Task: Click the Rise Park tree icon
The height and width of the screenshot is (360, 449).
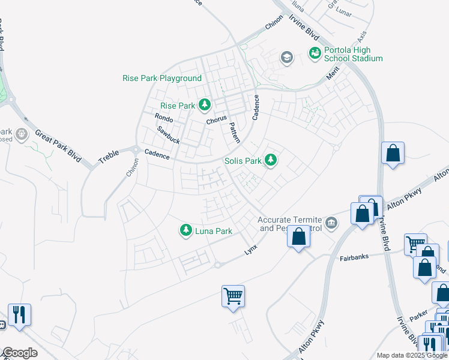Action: click(205, 105)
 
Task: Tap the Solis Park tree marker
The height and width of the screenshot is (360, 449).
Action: click(271, 160)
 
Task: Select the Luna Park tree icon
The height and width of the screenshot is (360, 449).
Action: click(186, 230)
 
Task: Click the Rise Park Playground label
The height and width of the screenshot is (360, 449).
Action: click(162, 79)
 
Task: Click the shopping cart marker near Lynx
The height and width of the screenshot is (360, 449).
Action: click(233, 296)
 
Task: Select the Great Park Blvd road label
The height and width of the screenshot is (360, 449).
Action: click(58, 144)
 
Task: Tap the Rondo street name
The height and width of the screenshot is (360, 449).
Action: click(163, 117)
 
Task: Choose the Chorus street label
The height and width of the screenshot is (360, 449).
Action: click(217, 121)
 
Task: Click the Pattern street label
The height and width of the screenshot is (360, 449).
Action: click(234, 133)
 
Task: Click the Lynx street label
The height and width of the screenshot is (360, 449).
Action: click(251, 248)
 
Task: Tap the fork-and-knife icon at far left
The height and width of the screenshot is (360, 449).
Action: click(19, 314)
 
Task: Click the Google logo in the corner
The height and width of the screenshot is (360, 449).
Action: click(19, 353)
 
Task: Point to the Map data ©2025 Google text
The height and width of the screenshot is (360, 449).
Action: click(412, 355)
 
